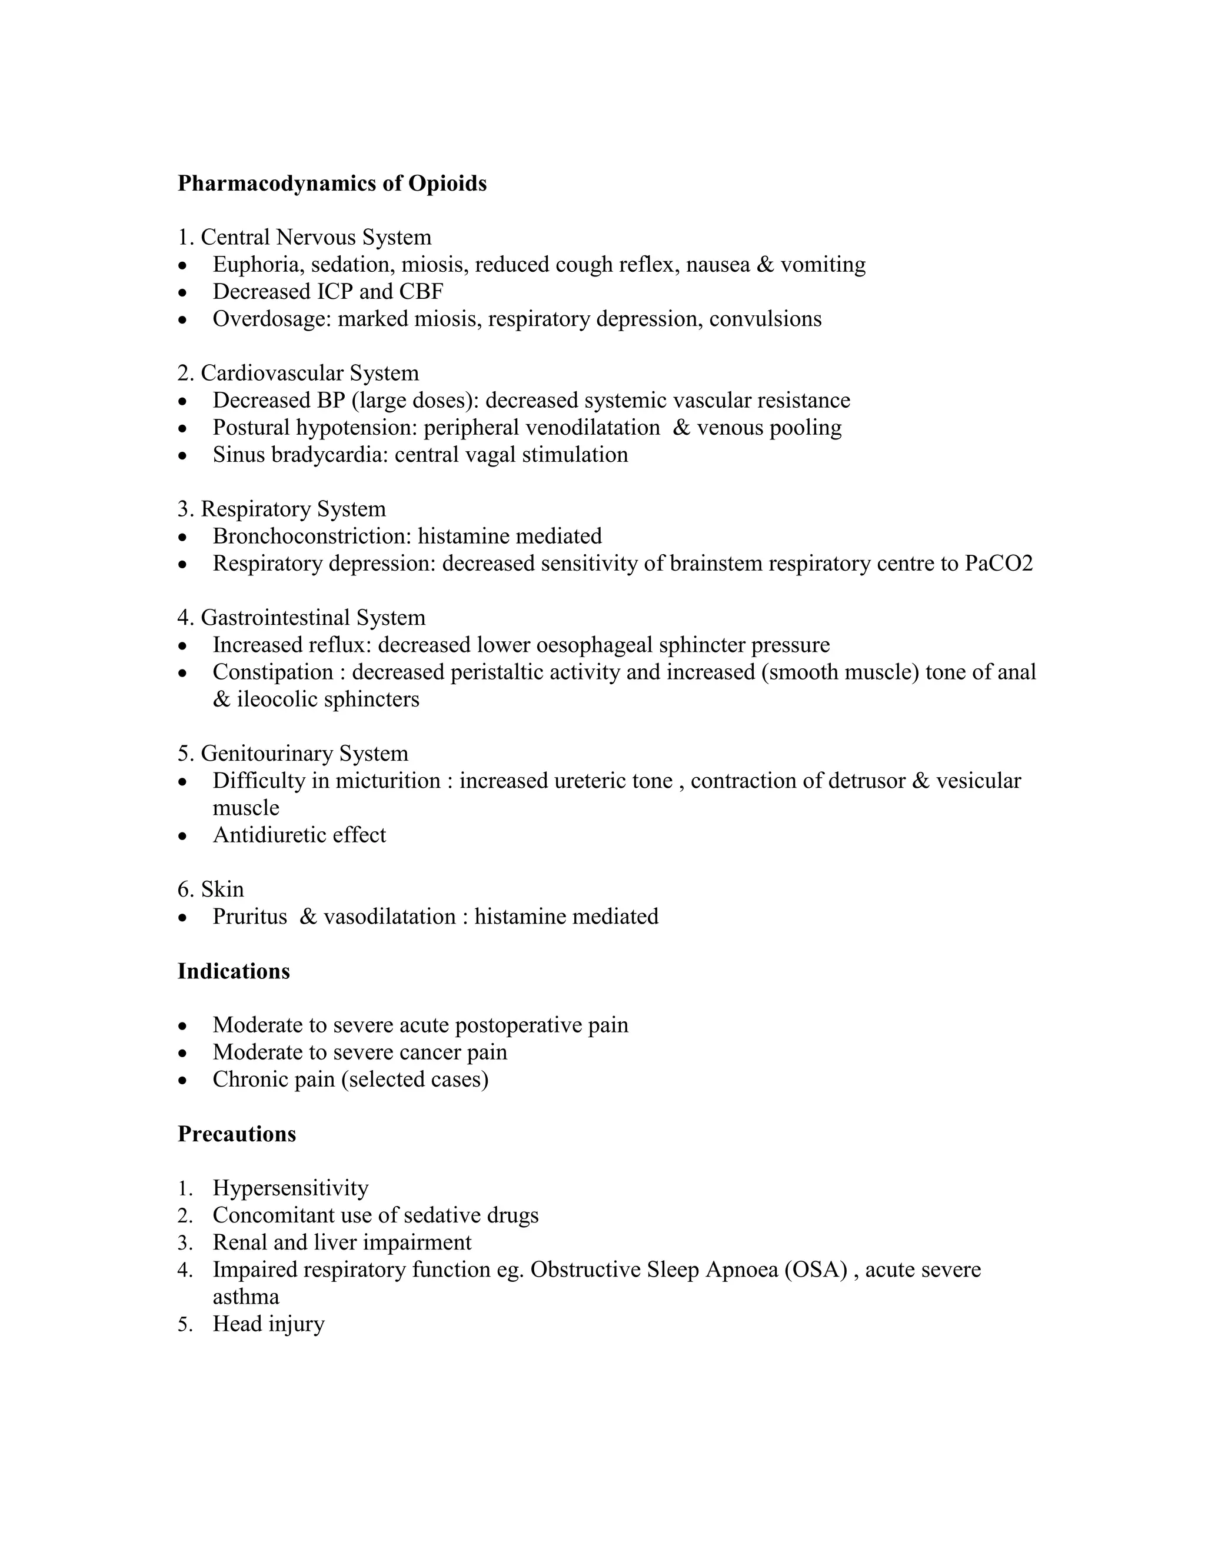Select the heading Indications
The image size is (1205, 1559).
click(234, 971)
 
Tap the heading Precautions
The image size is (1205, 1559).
click(237, 1134)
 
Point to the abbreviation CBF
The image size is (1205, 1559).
click(422, 292)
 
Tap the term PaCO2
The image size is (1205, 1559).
click(998, 564)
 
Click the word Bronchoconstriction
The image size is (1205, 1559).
click(311, 536)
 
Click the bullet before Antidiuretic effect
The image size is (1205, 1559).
click(184, 836)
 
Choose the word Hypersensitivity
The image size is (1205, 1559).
click(291, 1188)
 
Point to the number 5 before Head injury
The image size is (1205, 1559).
click(184, 1324)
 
